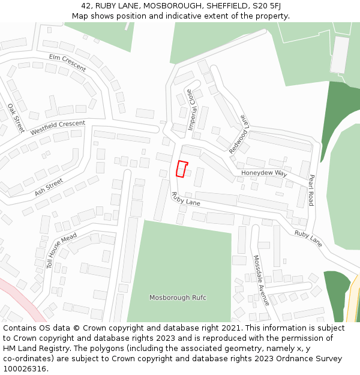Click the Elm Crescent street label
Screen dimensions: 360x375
(68, 62)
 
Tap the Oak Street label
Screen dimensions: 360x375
(15, 118)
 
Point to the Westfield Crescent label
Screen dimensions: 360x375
(58, 128)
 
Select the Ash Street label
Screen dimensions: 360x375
(49, 187)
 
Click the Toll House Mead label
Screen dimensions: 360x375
(62, 251)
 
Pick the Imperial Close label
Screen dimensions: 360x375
(191, 110)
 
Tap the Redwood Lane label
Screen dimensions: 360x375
(238, 134)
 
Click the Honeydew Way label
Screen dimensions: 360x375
(265, 173)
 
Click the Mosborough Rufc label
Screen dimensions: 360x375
(178, 298)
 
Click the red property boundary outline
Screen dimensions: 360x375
(182, 169)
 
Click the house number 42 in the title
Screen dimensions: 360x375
(76, 6)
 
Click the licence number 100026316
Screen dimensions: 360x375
(26, 369)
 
